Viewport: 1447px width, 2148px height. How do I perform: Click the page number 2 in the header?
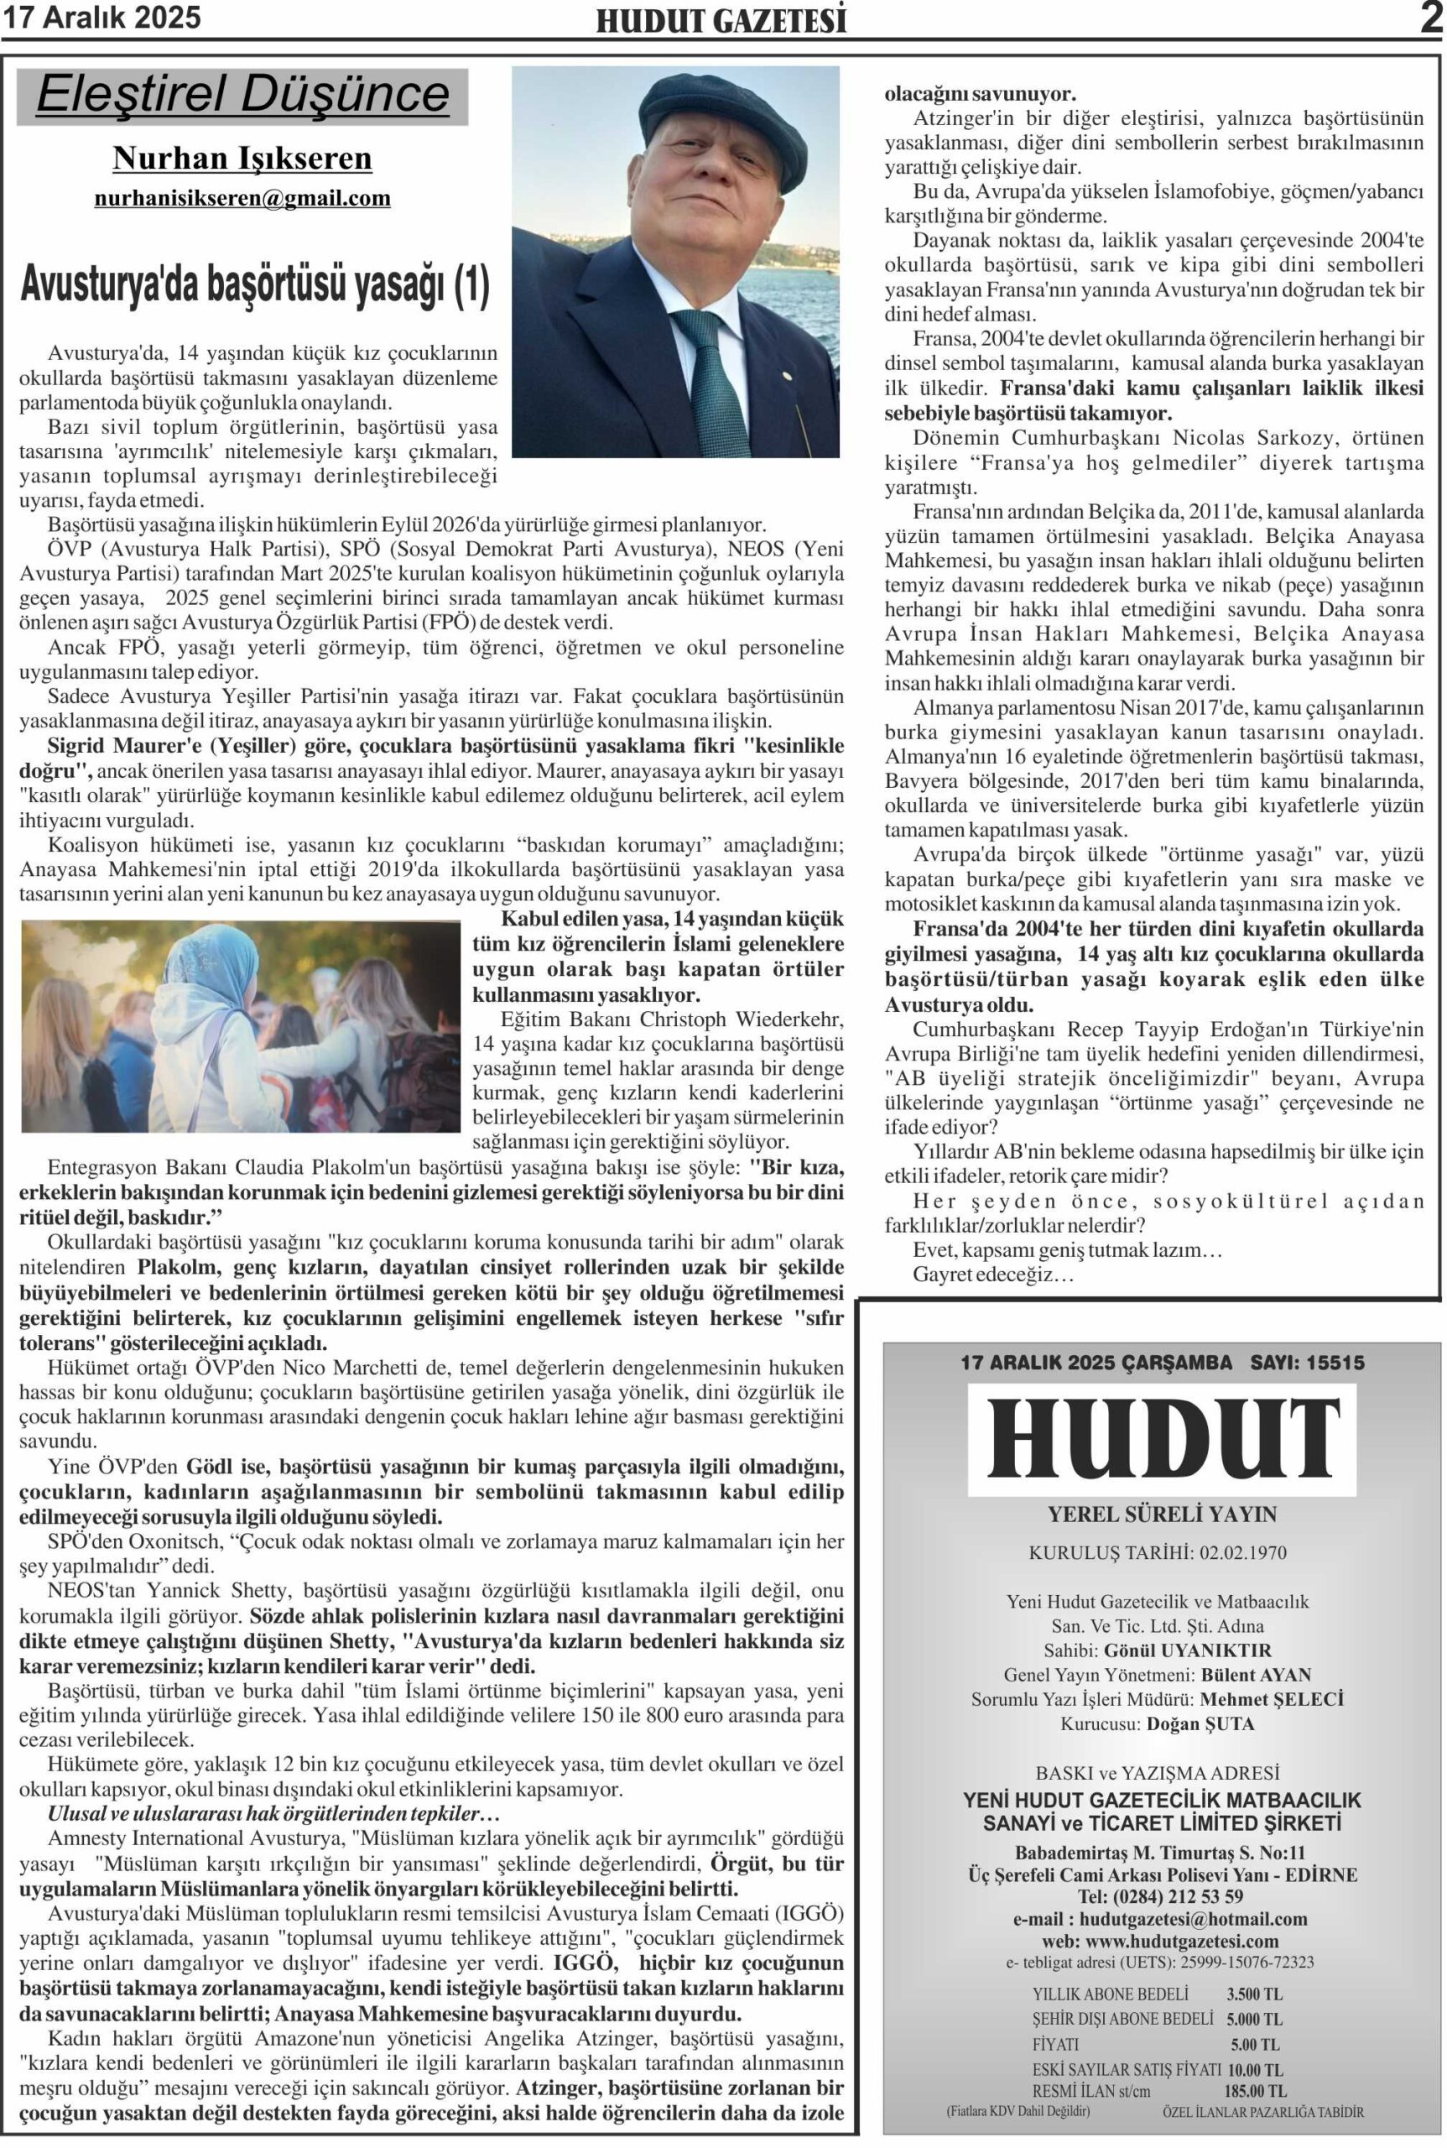pyautogui.click(x=1431, y=18)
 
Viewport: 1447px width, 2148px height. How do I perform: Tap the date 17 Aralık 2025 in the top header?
pyautogui.click(x=102, y=18)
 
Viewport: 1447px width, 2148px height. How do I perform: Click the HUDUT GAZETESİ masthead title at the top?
pyautogui.click(x=721, y=21)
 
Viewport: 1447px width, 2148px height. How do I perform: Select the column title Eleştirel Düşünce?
pyautogui.click(x=242, y=95)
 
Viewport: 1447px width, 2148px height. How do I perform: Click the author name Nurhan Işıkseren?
pyautogui.click(x=242, y=159)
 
